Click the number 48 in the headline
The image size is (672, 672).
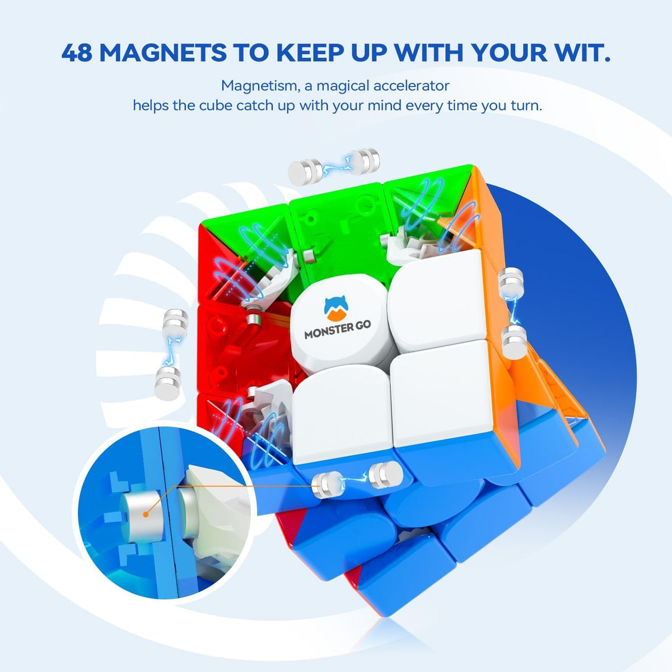tap(80, 53)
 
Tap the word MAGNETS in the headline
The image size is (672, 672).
tap(162, 53)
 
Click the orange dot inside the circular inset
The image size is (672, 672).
tap(147, 514)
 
